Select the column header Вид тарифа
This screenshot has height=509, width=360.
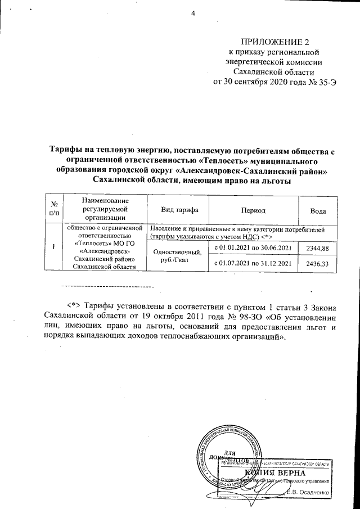click(178, 210)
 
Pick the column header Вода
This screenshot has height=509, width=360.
click(318, 210)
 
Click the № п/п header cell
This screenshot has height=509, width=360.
click(55, 210)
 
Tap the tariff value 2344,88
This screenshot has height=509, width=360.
click(318, 248)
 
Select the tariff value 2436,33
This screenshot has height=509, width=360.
click(318, 263)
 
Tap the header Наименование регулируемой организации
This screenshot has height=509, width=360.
click(105, 210)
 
